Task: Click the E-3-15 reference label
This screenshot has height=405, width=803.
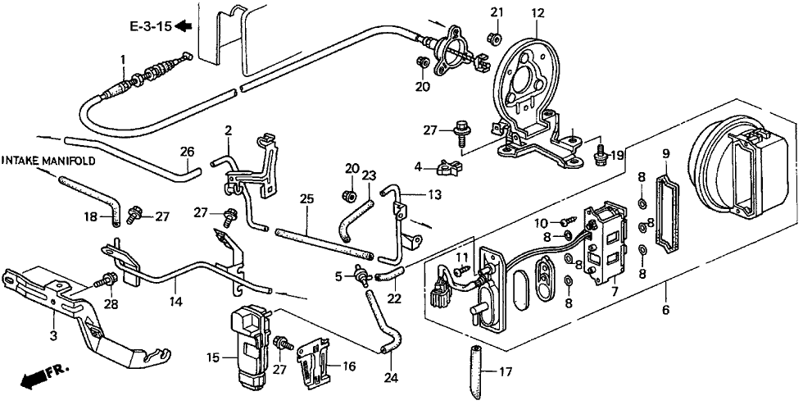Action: [150, 26]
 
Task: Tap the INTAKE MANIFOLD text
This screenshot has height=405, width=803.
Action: [48, 161]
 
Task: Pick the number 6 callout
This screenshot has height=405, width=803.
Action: [665, 310]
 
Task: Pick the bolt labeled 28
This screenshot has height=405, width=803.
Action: [108, 280]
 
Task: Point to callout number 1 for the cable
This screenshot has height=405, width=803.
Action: [122, 61]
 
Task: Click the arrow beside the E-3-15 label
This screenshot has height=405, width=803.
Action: [183, 25]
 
